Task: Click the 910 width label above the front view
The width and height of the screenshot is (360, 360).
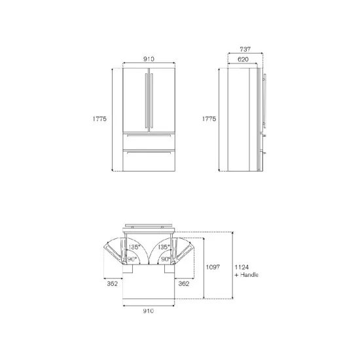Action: [149, 58]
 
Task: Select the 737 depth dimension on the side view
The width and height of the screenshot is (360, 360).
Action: [245, 48]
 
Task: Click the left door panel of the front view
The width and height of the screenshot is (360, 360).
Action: [135, 98]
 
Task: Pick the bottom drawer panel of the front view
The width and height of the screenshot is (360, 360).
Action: [149, 160]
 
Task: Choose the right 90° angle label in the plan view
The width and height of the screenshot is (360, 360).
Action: [167, 259]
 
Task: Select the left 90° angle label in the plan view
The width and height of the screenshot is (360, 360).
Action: [132, 259]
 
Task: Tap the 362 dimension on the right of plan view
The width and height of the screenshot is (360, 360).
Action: [184, 284]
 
